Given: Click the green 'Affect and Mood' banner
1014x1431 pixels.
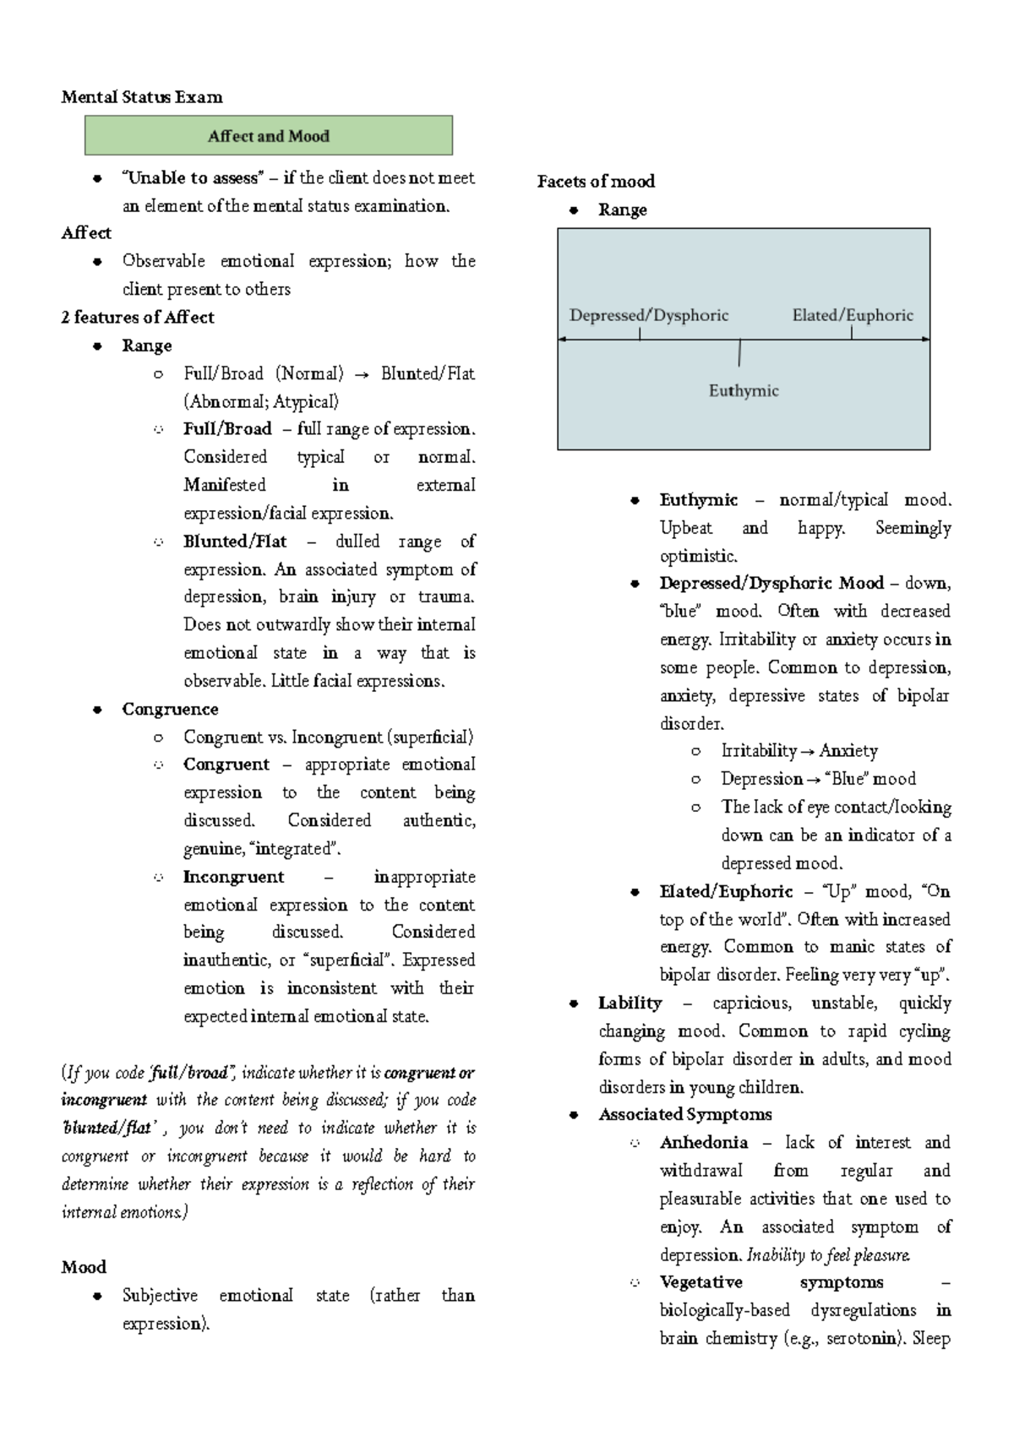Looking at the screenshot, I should pos(268,136).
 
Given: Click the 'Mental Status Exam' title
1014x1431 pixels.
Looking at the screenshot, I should pos(142,97).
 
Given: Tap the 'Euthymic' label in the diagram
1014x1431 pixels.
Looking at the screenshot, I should pos(744,391).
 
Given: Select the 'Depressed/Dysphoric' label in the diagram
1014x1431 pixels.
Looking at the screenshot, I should pos(649,316).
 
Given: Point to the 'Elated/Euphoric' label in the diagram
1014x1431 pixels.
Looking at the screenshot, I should pos(853,316).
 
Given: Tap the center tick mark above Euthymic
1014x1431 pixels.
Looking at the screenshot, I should pos(739,352).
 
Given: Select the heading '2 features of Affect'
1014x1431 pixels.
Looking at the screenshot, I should pos(138,318).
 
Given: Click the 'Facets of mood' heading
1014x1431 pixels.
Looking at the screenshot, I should pos(596,182).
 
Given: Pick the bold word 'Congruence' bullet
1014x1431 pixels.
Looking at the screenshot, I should pos(170,710).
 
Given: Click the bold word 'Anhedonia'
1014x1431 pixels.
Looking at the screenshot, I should pos(704,1143).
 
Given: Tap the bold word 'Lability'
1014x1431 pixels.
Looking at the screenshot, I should pos(630,1004).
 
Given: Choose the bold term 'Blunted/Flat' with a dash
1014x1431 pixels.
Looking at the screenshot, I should pos(235,541).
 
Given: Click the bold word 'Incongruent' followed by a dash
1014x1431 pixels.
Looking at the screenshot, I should pos(234,877).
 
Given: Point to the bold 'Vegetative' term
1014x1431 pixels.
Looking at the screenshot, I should pos(701,1282).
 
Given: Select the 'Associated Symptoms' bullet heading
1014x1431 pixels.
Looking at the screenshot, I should pos(685,1115).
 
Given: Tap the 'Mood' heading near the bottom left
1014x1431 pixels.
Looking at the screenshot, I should pos(84,1267).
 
